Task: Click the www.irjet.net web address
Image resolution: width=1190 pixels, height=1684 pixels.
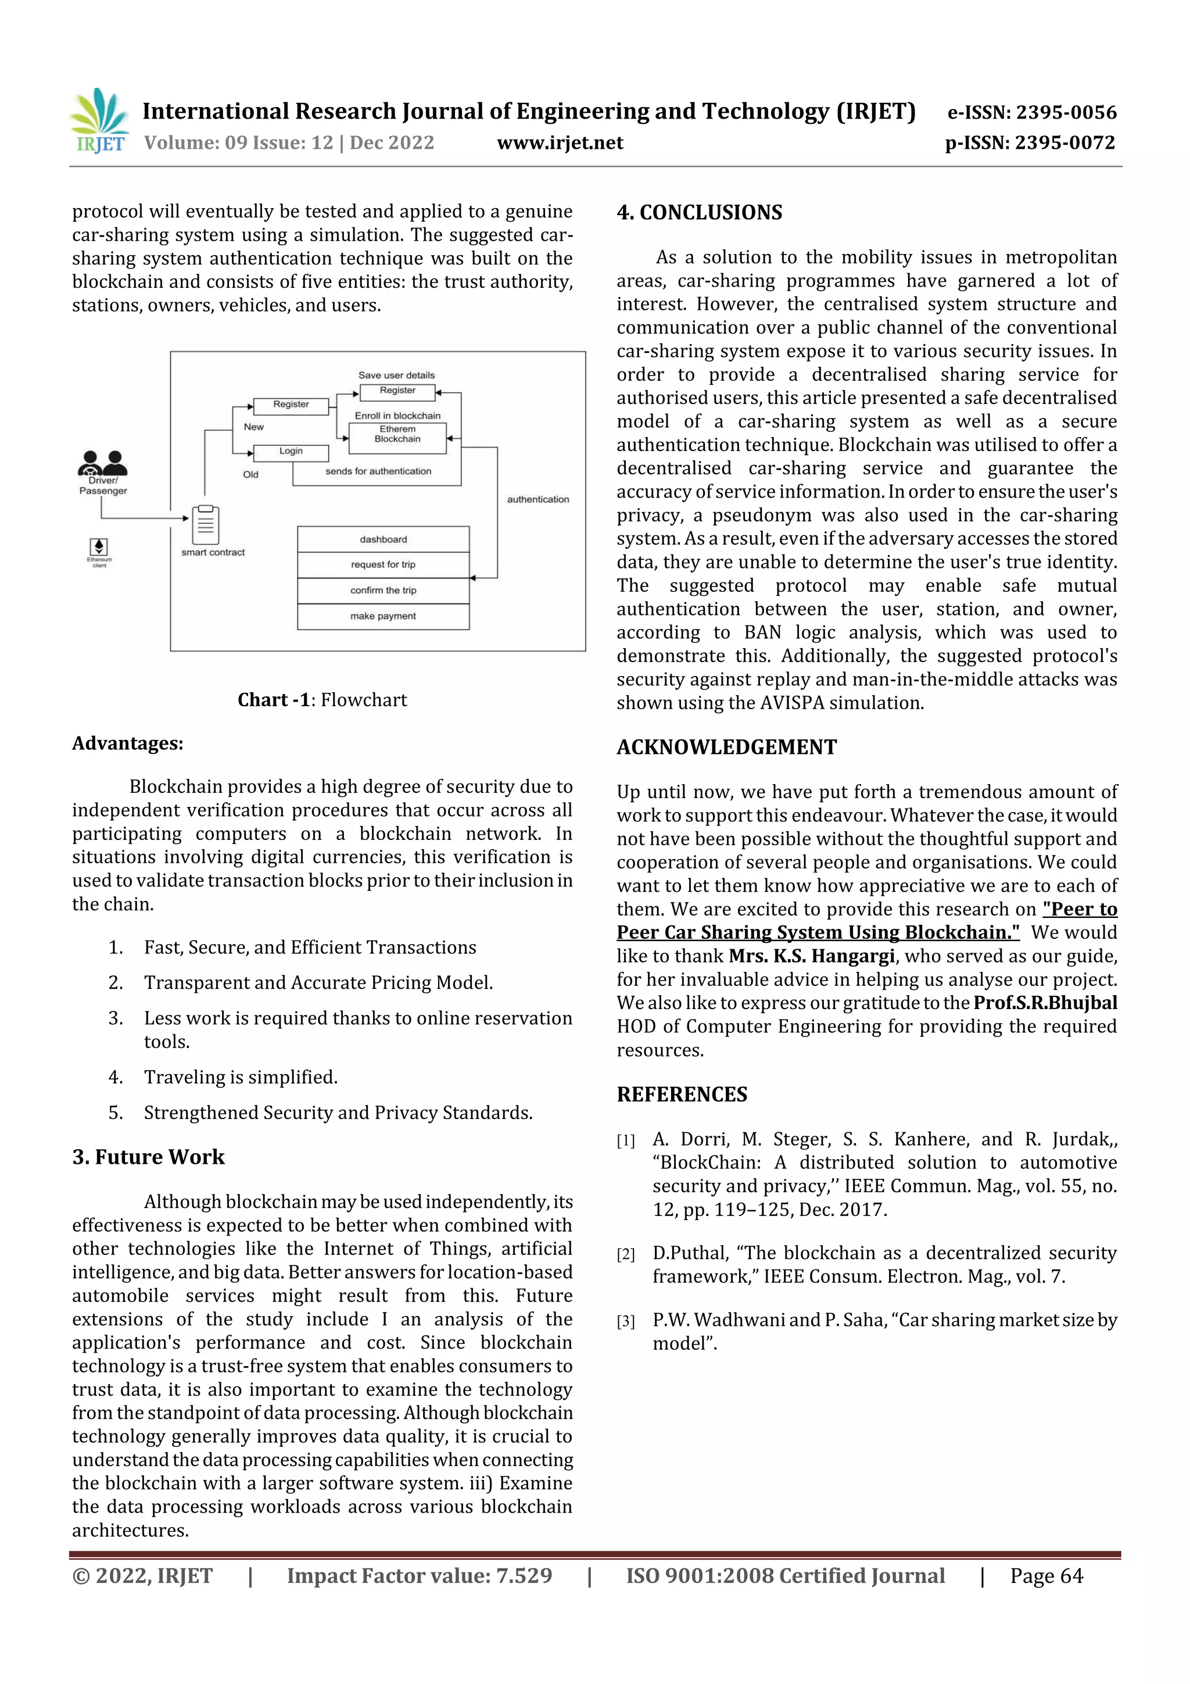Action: [x=560, y=142]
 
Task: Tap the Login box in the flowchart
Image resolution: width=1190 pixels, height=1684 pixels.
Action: [x=291, y=452]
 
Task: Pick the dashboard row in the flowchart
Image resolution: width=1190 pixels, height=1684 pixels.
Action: [x=383, y=539]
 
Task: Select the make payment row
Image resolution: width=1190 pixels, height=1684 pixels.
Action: [x=383, y=616]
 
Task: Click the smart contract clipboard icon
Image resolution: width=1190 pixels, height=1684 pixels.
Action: [x=206, y=524]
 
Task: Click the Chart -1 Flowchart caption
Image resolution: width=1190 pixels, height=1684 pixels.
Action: [x=322, y=700]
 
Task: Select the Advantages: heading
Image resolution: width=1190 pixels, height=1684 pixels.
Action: [x=128, y=743]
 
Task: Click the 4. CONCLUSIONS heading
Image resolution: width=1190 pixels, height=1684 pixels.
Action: [x=700, y=213]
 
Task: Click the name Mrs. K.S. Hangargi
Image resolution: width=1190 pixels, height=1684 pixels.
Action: [x=812, y=956]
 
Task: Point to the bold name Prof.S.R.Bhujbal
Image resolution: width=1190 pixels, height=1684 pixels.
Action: [x=1045, y=1003]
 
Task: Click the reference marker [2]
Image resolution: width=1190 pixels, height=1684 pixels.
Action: [x=625, y=1254]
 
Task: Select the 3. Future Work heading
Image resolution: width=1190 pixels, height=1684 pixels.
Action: [x=148, y=1157]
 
